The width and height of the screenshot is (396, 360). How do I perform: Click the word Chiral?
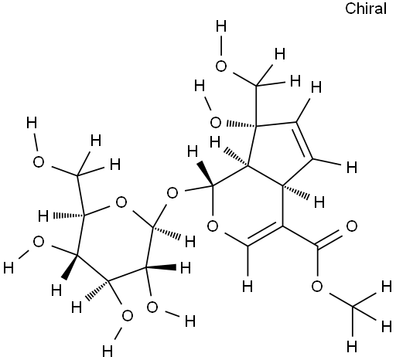(366, 8)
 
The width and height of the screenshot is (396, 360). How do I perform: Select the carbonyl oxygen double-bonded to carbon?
(352, 226)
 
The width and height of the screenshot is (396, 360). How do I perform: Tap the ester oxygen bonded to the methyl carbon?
(317, 287)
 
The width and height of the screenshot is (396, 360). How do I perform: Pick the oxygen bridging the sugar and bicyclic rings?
(172, 193)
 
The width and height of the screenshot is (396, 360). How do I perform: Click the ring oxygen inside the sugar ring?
(121, 202)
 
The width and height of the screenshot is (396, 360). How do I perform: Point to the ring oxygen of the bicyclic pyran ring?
(213, 226)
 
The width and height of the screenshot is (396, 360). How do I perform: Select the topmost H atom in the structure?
(221, 26)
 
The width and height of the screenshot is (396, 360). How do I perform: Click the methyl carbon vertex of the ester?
(353, 307)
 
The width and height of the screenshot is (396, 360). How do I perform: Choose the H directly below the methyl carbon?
(352, 346)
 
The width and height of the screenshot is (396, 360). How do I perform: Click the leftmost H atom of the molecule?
(9, 268)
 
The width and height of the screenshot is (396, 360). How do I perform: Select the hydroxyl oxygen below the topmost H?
(221, 66)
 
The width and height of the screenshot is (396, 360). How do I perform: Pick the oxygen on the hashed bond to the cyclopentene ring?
(216, 123)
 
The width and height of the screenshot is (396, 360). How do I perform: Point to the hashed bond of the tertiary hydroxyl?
(241, 124)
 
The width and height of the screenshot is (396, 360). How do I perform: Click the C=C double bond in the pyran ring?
(264, 234)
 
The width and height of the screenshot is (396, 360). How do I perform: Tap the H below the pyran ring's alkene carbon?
(247, 287)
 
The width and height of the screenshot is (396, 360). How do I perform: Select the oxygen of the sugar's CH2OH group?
(39, 162)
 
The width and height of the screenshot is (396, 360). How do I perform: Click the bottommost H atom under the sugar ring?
(108, 351)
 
